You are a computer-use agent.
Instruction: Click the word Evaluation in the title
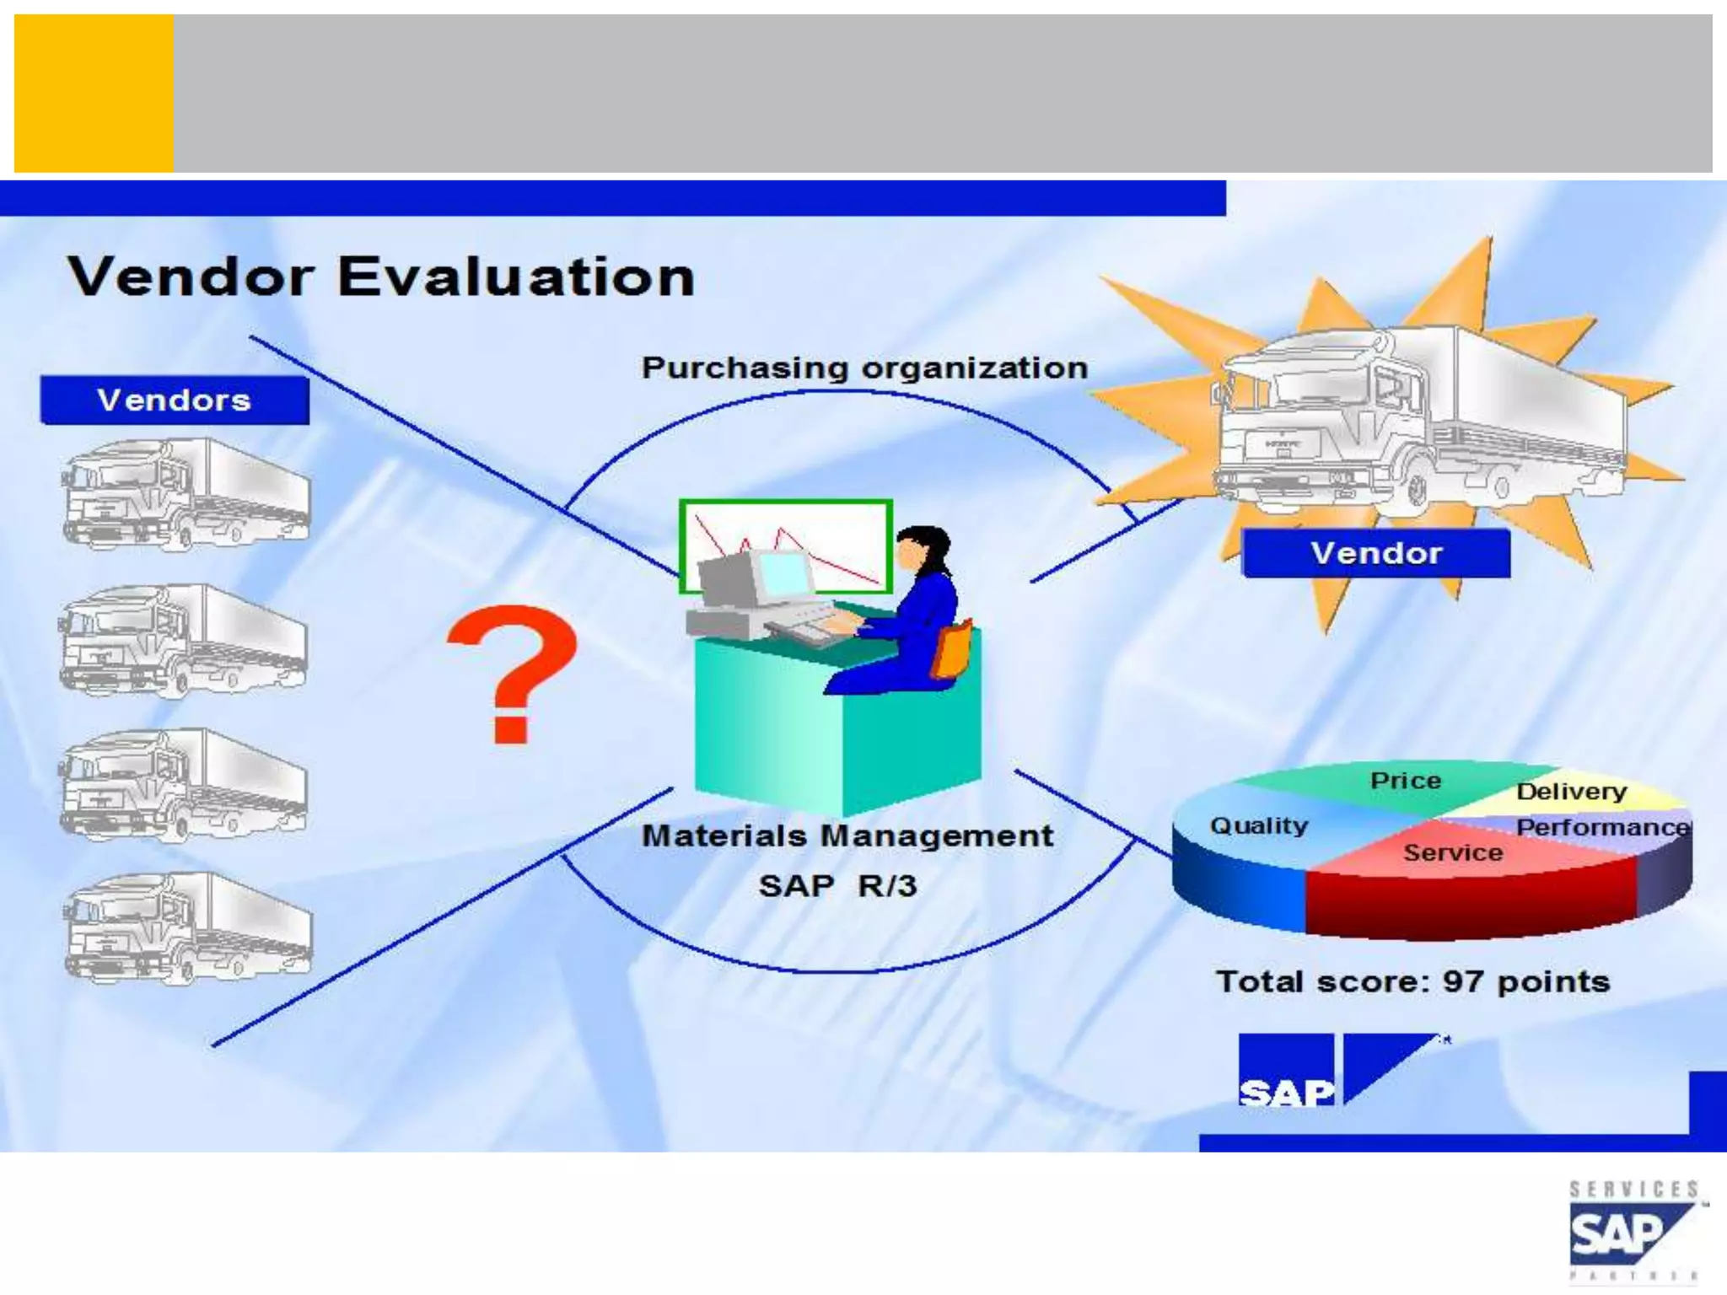516,277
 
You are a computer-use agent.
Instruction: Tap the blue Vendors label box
175,400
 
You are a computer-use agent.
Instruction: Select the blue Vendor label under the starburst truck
1376,553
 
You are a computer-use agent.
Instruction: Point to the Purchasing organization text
864,368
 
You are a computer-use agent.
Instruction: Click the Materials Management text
847,836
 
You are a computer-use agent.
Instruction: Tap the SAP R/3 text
837,885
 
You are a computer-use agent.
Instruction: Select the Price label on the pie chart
1405,780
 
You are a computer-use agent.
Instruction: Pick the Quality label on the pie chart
1259,825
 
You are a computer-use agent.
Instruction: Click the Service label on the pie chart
1453,852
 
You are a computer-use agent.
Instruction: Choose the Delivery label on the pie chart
1571,791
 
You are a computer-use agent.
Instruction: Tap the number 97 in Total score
1462,981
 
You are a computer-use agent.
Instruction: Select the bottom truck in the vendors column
187,928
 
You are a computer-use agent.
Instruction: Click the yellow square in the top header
94,93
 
